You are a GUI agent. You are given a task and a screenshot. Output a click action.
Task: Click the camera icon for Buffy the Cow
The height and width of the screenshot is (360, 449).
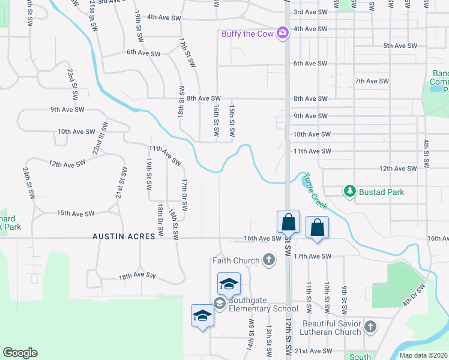point(283,33)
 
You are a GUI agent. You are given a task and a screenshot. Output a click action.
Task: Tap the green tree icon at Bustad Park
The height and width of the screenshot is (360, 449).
point(349,191)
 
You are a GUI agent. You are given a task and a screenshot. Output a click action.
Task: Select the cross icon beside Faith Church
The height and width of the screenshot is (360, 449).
point(269,260)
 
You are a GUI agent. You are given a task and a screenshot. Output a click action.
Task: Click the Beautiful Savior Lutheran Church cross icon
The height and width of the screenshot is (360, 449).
point(370,327)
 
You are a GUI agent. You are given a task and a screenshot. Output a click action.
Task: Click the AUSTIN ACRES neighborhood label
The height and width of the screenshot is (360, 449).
point(124,237)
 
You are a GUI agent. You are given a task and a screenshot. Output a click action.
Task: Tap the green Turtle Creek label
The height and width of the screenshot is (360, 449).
point(315,191)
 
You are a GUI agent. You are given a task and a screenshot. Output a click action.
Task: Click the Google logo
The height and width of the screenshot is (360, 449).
point(20,353)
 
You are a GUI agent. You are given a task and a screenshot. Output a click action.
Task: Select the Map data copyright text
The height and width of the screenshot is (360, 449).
point(424,355)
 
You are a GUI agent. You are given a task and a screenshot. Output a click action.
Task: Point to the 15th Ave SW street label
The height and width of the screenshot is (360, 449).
point(76,214)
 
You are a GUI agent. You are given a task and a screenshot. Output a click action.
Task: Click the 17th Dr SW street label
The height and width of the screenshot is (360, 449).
point(185,194)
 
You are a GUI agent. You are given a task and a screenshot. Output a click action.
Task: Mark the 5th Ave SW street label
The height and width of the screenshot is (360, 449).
point(400,46)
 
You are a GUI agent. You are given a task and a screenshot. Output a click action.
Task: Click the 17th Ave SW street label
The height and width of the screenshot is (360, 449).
point(313,256)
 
